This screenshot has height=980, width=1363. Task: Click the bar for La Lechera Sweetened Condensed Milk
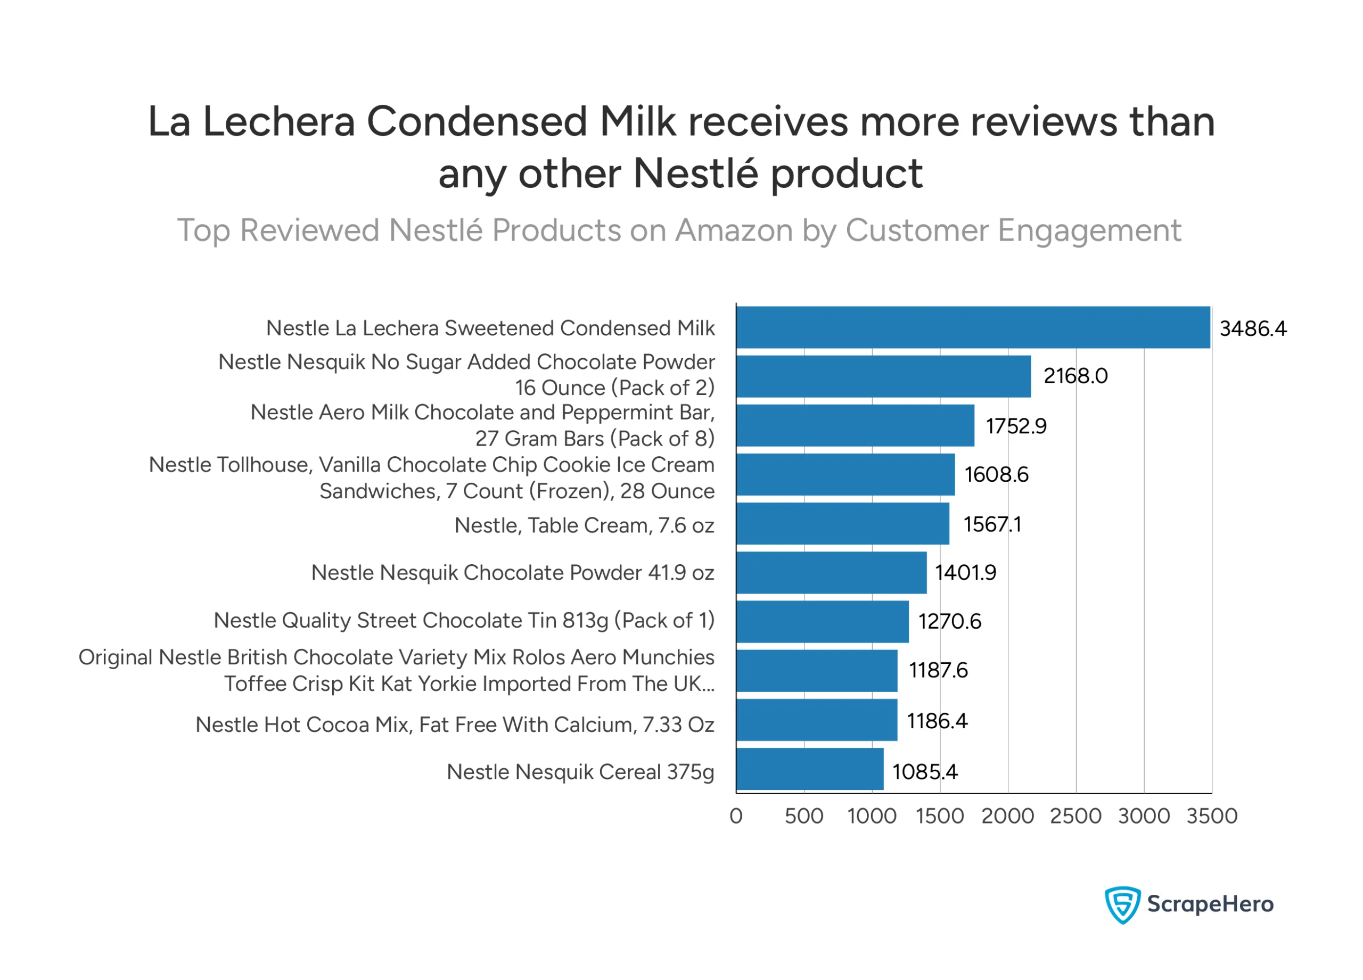coord(972,327)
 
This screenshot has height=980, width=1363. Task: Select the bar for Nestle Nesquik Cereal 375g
coord(809,769)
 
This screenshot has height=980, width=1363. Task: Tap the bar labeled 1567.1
coord(843,524)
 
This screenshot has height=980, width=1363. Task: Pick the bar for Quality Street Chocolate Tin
coord(822,622)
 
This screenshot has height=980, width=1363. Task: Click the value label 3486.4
coord(1253,328)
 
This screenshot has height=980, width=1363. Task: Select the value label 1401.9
coord(965,573)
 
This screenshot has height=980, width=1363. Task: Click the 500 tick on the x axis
coord(804,816)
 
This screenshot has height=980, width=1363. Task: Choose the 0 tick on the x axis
coord(736,816)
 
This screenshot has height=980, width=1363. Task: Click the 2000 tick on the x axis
coord(1008,816)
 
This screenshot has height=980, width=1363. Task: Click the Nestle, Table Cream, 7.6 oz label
coord(584,526)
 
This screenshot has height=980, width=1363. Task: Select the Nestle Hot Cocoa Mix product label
coord(455,724)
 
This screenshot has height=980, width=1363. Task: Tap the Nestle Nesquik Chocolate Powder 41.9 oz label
coord(513,573)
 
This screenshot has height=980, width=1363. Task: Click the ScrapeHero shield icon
coord(1122,904)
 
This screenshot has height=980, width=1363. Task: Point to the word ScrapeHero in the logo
coord(1210,904)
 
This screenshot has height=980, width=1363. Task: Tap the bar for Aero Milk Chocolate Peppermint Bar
coord(855,425)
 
